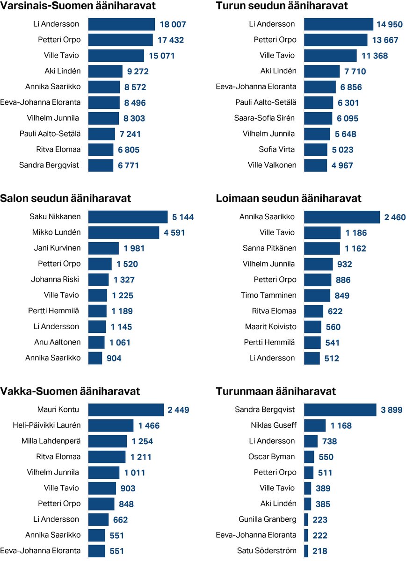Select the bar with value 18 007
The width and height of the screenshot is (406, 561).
[122, 24]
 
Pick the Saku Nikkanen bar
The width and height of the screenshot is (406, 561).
[128, 217]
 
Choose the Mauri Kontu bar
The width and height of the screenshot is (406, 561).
[126, 410]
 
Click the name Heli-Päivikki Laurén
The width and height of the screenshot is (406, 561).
[47, 425]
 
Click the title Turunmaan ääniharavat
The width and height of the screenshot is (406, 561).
[275, 391]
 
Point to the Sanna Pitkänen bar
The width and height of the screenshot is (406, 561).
[322, 248]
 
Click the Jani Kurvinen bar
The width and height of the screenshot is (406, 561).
[103, 248]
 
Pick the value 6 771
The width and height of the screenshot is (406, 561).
[128, 165]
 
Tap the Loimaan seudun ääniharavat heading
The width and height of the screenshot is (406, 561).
[288, 199]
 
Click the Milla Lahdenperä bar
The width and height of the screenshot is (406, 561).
[108, 441]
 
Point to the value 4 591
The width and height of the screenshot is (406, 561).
[174, 232]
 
